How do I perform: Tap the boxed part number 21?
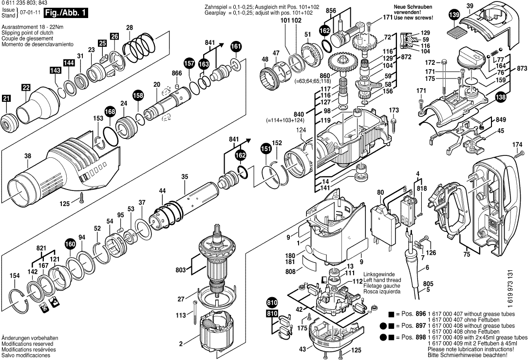(x=6, y=99)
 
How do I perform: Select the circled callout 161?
(x=236, y=46)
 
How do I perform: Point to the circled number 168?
(x=110, y=113)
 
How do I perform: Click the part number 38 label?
(x=28, y=156)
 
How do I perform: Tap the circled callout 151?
(x=265, y=149)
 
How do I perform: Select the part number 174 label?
(x=517, y=144)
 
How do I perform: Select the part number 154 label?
(x=15, y=276)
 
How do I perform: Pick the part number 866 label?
(x=177, y=73)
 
